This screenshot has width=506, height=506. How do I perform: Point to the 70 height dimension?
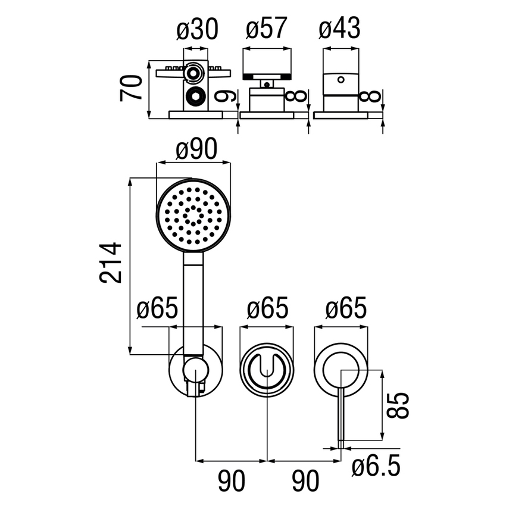pos(132,88)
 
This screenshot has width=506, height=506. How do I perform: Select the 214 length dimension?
pos(112,262)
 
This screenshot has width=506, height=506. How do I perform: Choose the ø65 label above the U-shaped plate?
pos(267,310)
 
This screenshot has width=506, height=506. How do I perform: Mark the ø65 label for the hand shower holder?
pos(157,310)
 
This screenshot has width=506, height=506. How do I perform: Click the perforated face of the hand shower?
pos(192,215)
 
